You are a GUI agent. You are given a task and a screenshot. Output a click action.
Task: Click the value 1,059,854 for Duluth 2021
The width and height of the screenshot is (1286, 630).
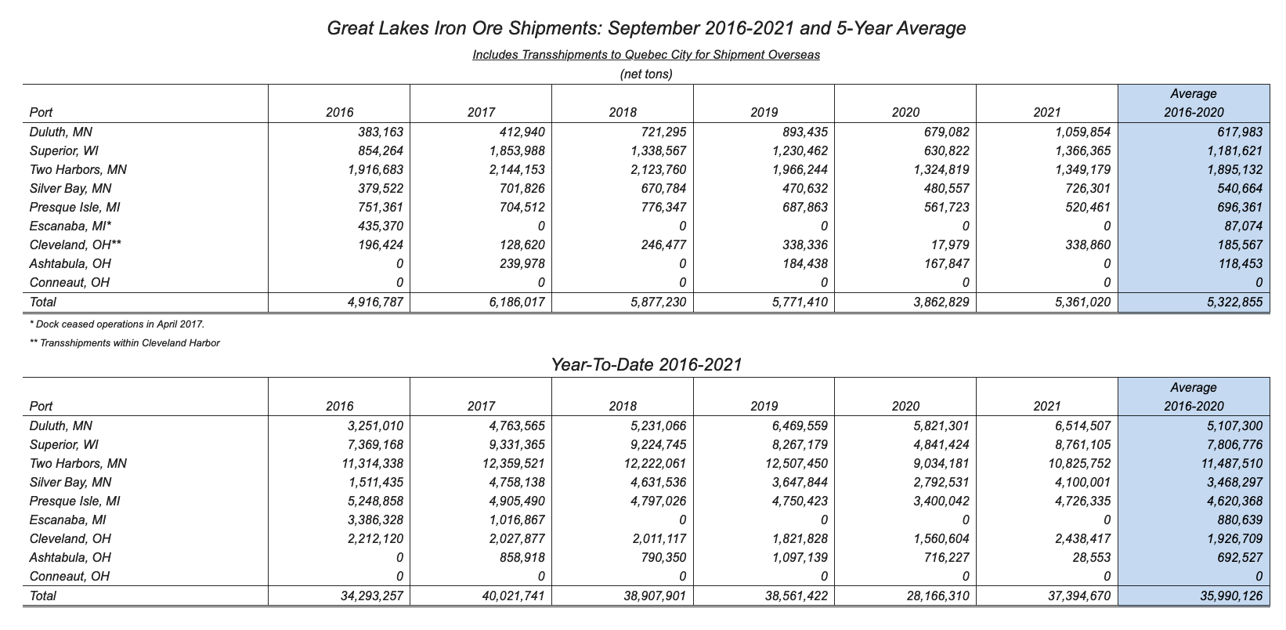[1083, 132]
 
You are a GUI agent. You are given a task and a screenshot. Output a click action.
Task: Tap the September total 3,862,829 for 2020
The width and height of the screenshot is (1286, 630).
[941, 302]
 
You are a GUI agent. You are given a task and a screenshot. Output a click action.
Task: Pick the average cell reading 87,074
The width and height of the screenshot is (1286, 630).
[1244, 226]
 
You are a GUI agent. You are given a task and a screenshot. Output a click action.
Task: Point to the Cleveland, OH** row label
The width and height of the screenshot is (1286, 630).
[75, 245]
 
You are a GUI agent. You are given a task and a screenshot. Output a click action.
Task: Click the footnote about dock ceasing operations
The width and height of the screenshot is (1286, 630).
[117, 324]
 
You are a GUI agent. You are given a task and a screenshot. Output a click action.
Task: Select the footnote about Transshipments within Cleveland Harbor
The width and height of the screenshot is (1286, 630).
[125, 343]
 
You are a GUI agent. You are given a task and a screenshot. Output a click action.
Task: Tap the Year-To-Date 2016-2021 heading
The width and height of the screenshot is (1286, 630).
[646, 364]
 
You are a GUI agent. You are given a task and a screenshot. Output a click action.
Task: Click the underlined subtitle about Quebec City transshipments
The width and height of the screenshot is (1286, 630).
[646, 55]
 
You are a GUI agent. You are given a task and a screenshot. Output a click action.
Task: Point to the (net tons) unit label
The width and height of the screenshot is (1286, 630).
[646, 74]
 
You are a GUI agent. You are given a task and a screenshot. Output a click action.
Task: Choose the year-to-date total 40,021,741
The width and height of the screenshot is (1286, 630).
[513, 596]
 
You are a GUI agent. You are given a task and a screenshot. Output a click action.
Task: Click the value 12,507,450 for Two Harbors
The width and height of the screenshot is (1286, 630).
[797, 463]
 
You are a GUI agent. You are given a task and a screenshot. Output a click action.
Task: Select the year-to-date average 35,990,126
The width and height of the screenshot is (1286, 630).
[1231, 596]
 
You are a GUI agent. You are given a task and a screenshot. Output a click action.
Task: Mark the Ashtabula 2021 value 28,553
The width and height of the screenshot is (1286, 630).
[1092, 558]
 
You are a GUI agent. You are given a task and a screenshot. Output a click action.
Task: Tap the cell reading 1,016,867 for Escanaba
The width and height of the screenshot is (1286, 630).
[517, 520]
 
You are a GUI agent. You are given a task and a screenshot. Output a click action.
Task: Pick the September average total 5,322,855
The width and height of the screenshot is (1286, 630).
[1235, 302]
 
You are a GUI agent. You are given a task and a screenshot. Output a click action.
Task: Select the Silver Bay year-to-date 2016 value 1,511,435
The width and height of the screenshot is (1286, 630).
[375, 483]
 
